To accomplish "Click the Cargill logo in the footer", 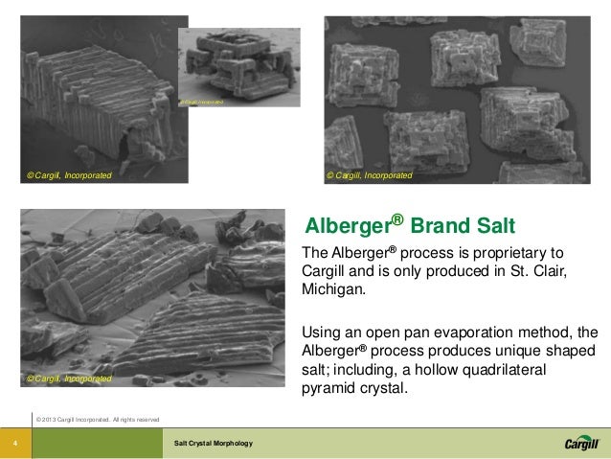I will click(580, 442).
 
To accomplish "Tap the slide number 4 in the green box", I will click(15, 443).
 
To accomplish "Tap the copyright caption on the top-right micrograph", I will click(370, 175).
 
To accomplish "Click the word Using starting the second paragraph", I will click(322, 332).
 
